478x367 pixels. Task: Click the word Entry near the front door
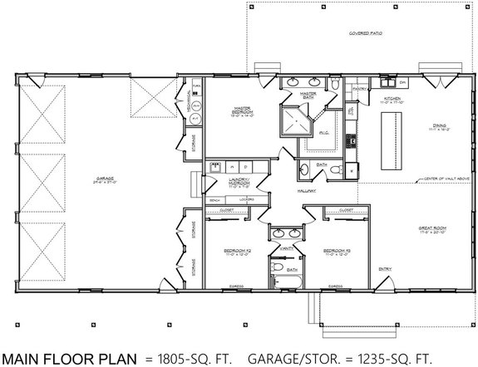[386, 268]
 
